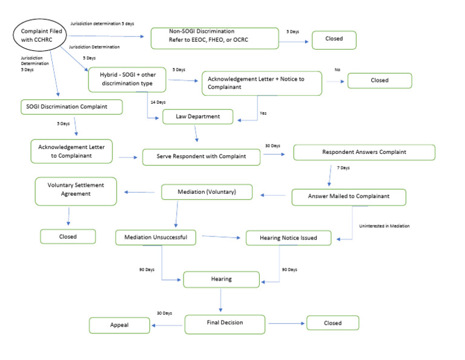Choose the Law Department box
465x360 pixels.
[x=197, y=116]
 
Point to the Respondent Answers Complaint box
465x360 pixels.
[x=364, y=152]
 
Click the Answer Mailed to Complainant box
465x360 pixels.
[x=348, y=196]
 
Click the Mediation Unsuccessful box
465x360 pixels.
[x=156, y=237]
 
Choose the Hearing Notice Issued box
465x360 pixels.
[x=289, y=238]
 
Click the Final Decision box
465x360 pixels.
[x=225, y=324]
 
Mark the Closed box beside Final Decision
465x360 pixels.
[x=332, y=323]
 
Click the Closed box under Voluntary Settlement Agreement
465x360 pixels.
[x=68, y=236]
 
